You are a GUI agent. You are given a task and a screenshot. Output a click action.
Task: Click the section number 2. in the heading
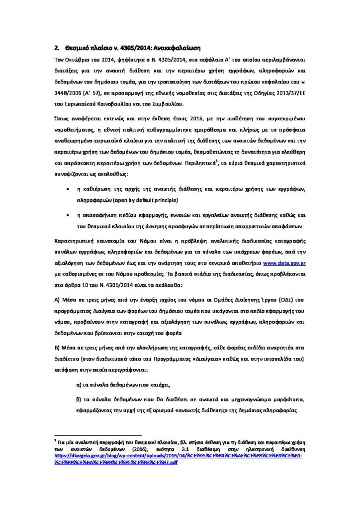[57, 48]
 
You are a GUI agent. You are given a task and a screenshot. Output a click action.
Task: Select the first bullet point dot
[68, 190]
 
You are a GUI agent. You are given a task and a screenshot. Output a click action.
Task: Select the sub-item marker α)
[79, 384]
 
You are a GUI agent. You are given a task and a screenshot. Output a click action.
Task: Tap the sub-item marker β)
[79, 400]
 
